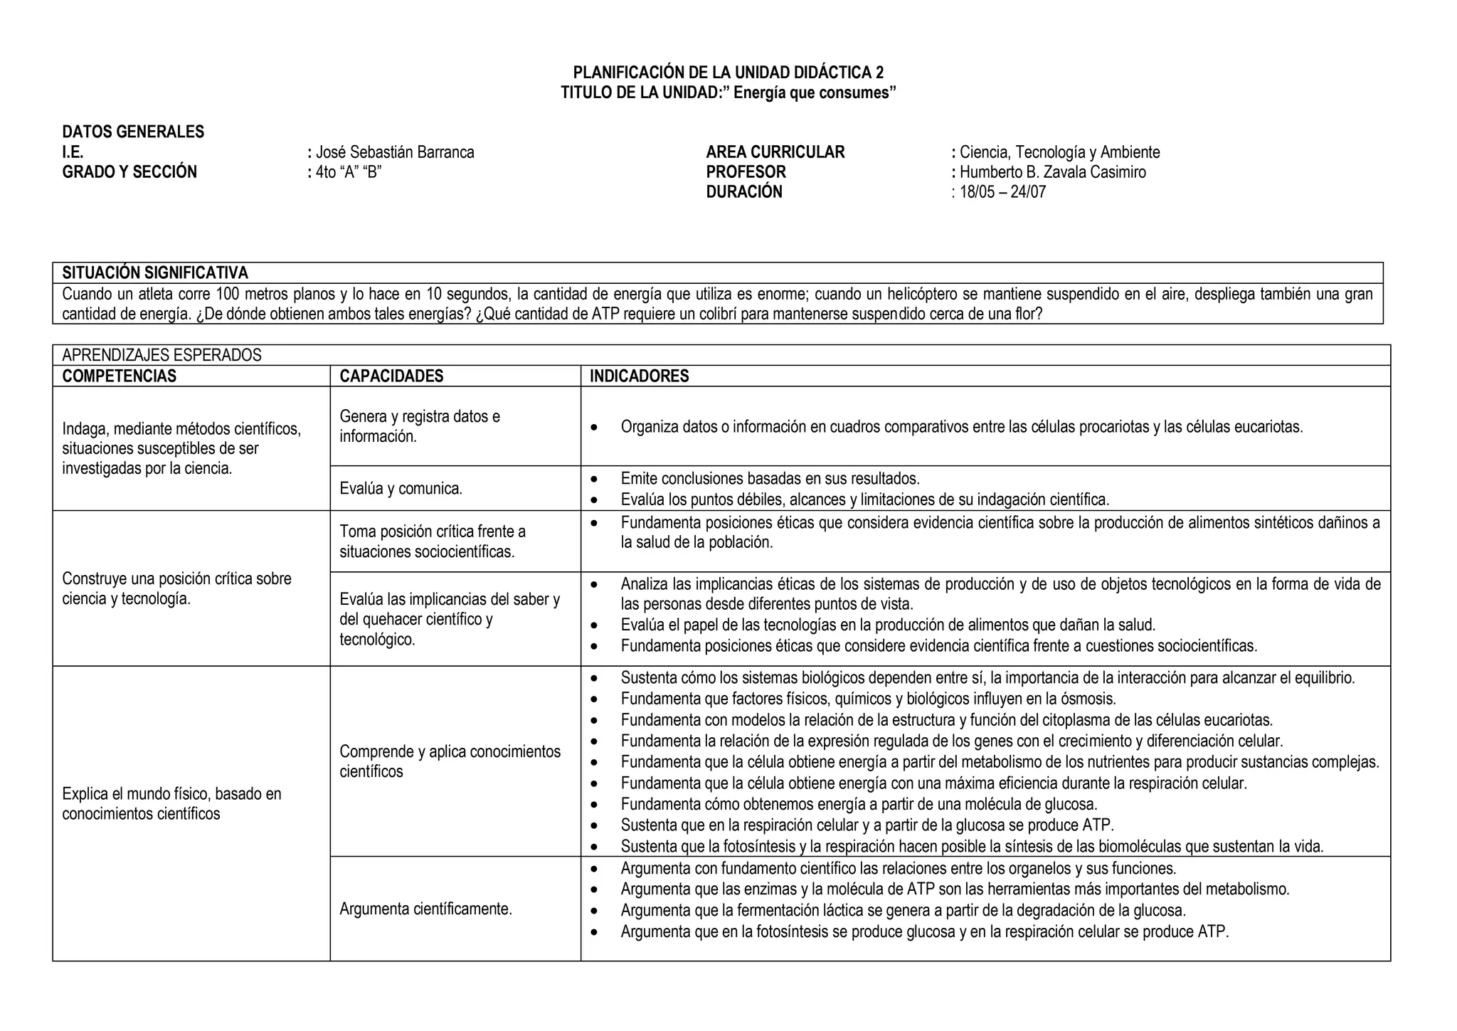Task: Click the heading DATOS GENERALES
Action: point(133,132)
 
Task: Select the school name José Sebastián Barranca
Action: point(394,152)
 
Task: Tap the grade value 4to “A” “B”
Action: point(349,172)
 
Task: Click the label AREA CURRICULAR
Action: point(775,152)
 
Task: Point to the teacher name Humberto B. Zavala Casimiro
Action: point(1052,172)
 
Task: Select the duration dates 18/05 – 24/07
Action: point(1002,192)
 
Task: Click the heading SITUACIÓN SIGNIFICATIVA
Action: point(155,273)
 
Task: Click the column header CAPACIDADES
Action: point(391,376)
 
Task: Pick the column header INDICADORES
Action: point(639,376)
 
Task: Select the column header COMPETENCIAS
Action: point(119,376)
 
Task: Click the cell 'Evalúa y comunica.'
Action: point(401,489)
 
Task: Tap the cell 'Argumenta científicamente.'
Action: point(425,909)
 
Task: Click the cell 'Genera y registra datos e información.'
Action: point(420,426)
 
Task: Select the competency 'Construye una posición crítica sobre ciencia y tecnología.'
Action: point(176,588)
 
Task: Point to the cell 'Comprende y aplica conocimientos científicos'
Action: point(450,761)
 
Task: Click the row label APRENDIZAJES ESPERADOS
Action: point(161,355)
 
